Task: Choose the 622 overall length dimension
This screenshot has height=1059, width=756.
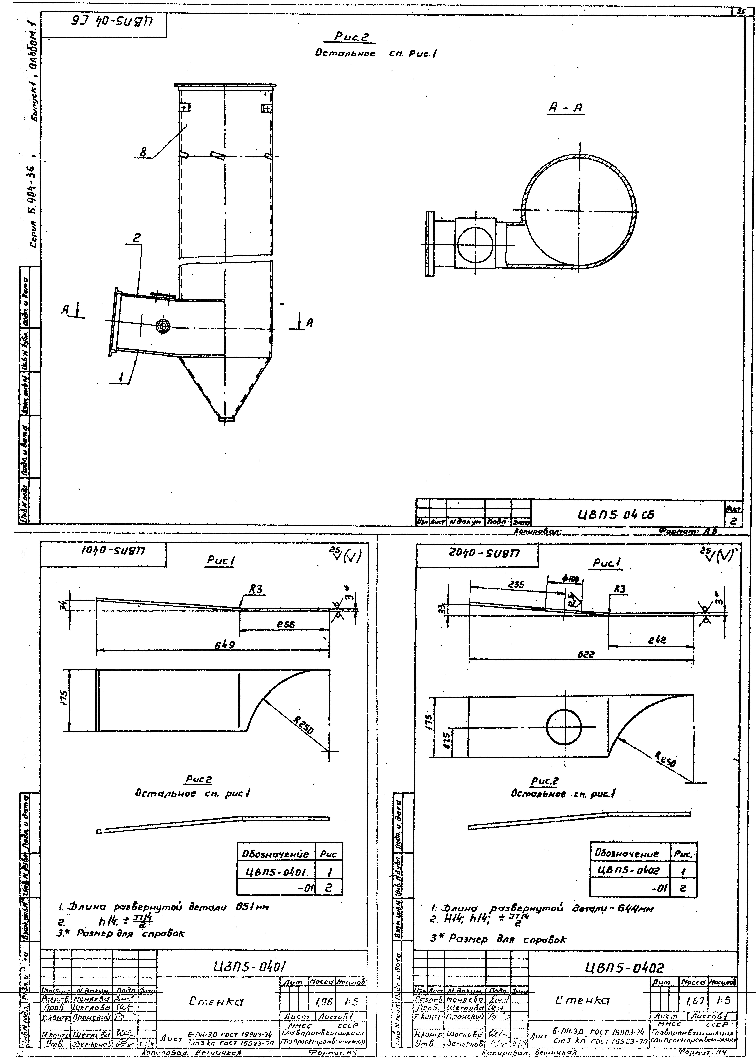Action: pyautogui.click(x=586, y=654)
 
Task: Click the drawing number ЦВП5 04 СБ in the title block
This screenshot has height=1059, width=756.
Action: pyautogui.click(x=615, y=515)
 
